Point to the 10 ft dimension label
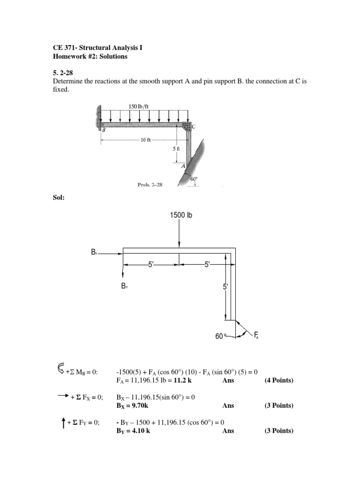146,140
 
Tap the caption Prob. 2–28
150,185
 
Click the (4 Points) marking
279,380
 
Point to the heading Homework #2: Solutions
90,56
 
